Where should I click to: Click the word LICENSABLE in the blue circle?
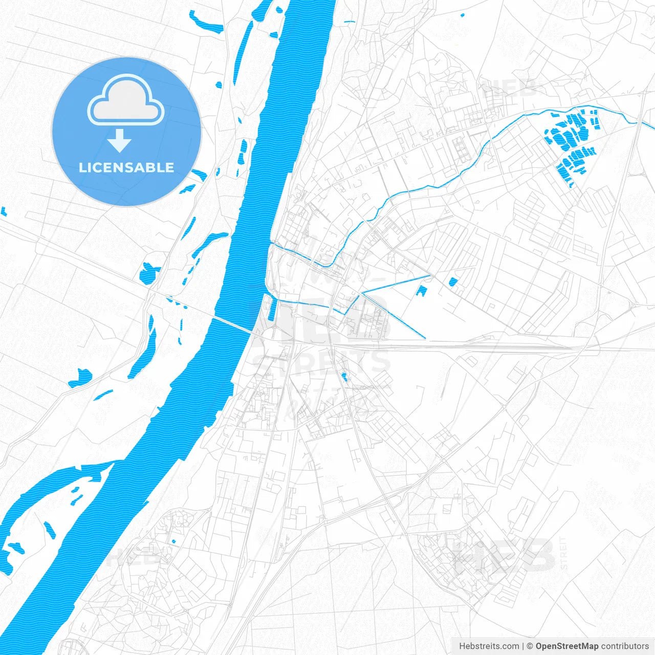tap(126, 167)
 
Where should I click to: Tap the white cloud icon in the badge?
tap(125, 100)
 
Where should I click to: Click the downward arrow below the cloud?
tap(120, 141)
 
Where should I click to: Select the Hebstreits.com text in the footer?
tap(489, 646)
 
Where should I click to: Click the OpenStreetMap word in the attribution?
tap(566, 646)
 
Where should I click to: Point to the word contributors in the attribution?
tap(625, 646)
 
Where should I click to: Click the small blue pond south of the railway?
tap(344, 377)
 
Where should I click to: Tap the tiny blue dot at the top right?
tap(463, 15)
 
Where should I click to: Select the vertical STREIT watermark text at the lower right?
tap(563, 553)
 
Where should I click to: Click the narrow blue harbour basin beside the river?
tap(272, 309)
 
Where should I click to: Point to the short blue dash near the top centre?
tap(350, 21)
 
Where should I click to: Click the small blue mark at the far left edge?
tap(3, 211)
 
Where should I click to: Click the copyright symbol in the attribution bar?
tap(530, 646)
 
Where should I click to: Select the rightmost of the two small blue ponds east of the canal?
tap(452, 281)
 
